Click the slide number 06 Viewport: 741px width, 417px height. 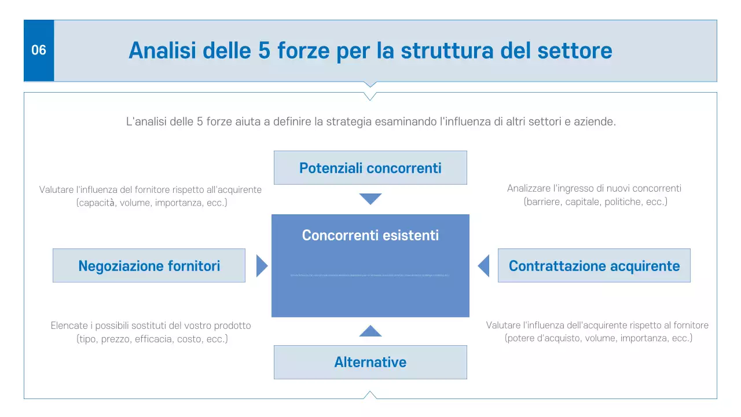tap(39, 50)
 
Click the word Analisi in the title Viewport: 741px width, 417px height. tap(160, 50)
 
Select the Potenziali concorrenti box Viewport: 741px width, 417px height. tap(370, 168)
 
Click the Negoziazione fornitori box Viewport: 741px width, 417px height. tap(149, 266)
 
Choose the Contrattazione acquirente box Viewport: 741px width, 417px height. tap(594, 266)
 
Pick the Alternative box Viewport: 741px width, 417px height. tap(370, 363)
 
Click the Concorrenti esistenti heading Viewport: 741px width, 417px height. tap(370, 235)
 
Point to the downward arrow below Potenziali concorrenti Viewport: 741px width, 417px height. tap(370, 199)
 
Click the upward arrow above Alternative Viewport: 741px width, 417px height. tap(370, 332)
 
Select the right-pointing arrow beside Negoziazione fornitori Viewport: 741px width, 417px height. tap(262, 266)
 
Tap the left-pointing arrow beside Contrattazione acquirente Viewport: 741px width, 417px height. tap(484, 266)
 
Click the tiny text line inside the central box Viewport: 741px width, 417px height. tap(370, 275)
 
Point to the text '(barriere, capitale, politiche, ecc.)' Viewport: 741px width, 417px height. tap(595, 202)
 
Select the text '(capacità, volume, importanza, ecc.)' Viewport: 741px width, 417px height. tap(152, 203)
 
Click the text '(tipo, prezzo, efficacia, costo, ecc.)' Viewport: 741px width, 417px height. tap(152, 339)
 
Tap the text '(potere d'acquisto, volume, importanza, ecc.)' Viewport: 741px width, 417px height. tap(598, 338)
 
